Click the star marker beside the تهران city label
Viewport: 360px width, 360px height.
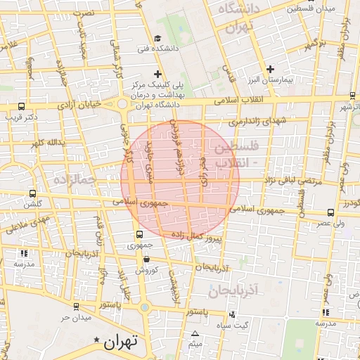(97, 340)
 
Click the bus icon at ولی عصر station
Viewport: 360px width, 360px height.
(330, 212)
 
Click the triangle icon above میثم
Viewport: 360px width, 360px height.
(195, 334)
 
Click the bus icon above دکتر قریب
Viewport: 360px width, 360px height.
(20, 108)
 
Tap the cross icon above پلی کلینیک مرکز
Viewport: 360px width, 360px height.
(157, 73)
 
